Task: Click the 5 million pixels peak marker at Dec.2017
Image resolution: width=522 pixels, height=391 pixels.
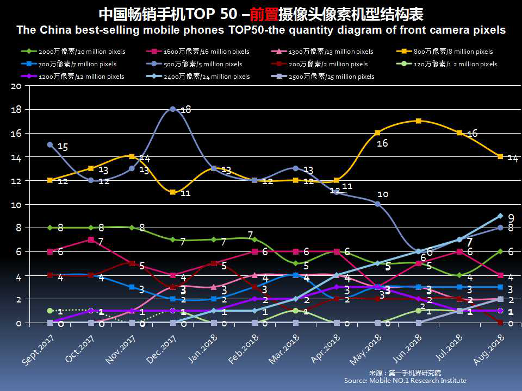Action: [x=173, y=109]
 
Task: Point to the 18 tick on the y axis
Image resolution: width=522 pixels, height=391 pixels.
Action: [x=16, y=110]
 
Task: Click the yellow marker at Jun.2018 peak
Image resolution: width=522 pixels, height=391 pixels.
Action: [x=419, y=121]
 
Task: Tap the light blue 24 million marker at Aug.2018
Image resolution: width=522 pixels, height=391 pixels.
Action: [x=500, y=216]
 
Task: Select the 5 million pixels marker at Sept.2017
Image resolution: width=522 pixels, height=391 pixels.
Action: [x=50, y=145]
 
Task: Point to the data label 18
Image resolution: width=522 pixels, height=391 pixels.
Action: [x=185, y=110]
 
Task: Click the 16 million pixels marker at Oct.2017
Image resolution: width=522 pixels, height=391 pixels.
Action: [x=91, y=239]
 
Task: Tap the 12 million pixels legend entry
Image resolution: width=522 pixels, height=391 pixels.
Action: [x=76, y=77]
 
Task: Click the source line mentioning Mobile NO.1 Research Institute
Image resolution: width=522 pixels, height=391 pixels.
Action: [x=405, y=381]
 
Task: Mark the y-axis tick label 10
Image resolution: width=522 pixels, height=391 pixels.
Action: [x=16, y=205]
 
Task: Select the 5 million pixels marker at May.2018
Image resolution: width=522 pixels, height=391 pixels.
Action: [x=378, y=204]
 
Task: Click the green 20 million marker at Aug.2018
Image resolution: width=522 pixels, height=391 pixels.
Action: [x=500, y=251]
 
